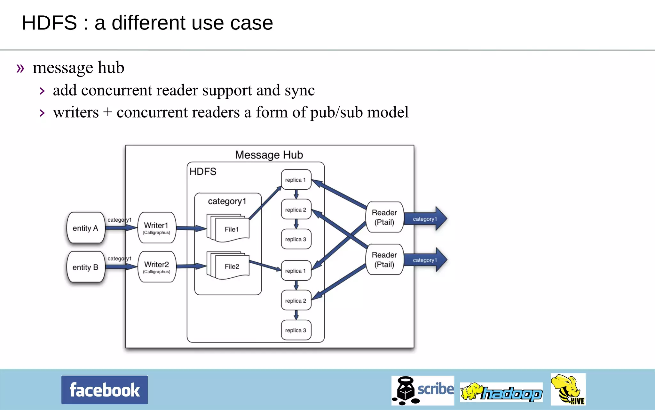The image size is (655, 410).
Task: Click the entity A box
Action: click(x=85, y=228)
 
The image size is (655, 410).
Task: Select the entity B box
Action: click(x=85, y=267)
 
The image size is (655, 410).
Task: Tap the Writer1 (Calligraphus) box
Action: click(x=156, y=228)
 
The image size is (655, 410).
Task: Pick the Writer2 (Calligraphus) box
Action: click(x=156, y=267)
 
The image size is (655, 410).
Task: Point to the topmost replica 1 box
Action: click(x=296, y=180)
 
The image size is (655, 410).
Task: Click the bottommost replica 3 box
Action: click(x=296, y=330)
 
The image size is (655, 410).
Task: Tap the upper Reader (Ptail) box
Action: click(x=384, y=217)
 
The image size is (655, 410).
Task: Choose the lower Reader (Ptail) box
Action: click(x=384, y=259)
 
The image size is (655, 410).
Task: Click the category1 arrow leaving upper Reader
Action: click(x=425, y=219)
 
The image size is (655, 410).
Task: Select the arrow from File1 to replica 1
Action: click(x=265, y=203)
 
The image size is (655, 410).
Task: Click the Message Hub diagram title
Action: click(x=269, y=155)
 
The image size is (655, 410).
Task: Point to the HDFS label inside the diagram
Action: click(x=203, y=171)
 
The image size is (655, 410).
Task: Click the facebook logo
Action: click(x=105, y=390)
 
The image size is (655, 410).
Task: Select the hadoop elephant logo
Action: click(x=501, y=392)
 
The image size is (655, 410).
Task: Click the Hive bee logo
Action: click(x=568, y=389)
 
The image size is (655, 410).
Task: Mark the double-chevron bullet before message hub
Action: click(x=20, y=68)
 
